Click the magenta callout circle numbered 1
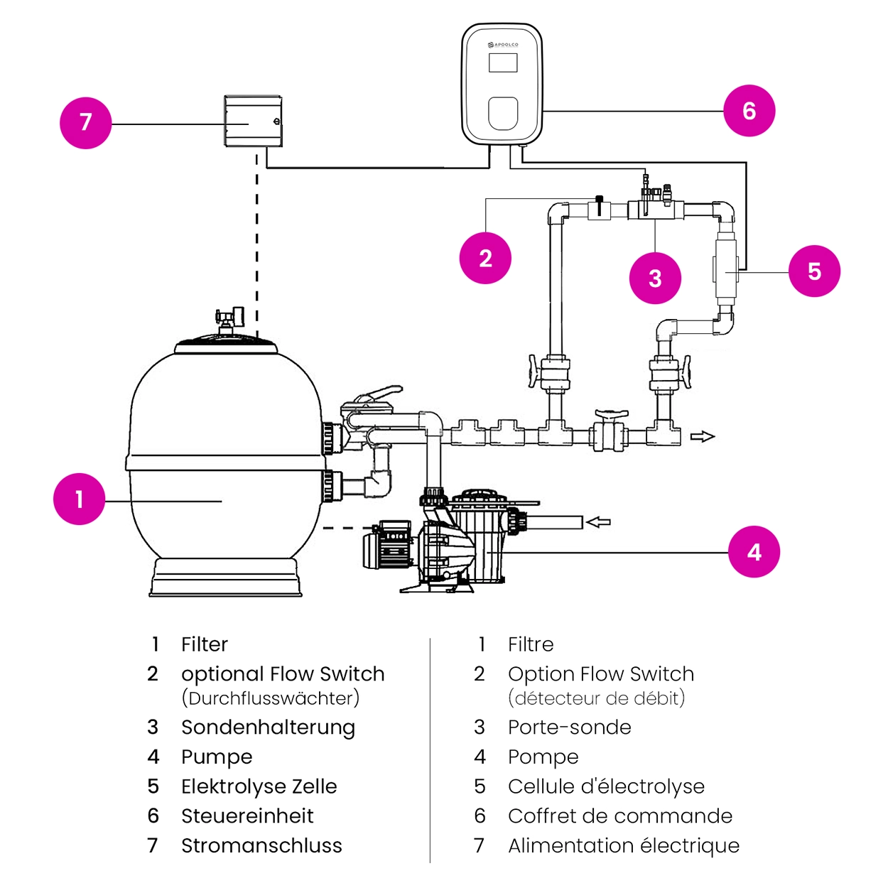click(x=79, y=499)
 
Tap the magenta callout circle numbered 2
click(x=485, y=258)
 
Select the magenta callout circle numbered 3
click(x=655, y=278)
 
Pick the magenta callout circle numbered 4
click(x=754, y=552)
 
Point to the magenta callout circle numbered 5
click(x=814, y=271)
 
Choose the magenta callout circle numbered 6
click(x=749, y=111)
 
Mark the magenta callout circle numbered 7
click(x=86, y=123)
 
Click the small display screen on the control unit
click(x=502, y=63)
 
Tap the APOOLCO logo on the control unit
click(x=503, y=45)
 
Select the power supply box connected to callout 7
click(x=253, y=121)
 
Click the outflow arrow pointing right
click(x=703, y=437)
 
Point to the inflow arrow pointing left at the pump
click(x=598, y=523)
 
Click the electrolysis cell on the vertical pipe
click(x=725, y=270)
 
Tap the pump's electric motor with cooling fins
click(x=388, y=546)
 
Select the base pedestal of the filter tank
click(x=225, y=577)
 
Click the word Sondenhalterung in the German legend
click(x=268, y=727)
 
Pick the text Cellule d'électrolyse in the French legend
click(x=606, y=786)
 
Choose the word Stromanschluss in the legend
click(x=261, y=845)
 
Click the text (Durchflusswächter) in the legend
click(x=270, y=698)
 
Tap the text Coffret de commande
click(x=619, y=816)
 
